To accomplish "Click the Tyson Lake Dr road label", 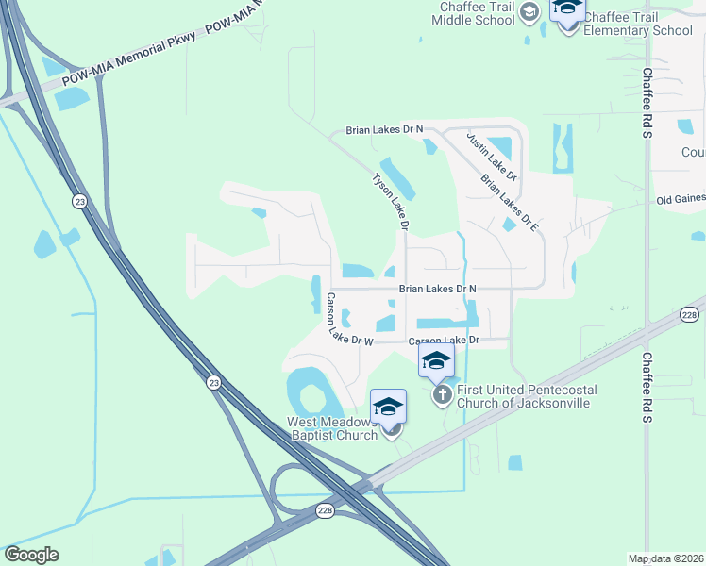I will click(390, 201).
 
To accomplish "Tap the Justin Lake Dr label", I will click(492, 156).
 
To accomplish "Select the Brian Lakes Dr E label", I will click(509, 203).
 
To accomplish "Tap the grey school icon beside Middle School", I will click(530, 11).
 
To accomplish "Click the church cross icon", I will click(442, 394).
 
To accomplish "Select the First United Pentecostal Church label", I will click(523, 396).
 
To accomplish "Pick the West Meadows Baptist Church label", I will click(333, 428).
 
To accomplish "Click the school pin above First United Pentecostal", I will click(436, 359).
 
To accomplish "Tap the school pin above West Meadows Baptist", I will click(388, 408).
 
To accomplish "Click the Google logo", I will click(31, 555).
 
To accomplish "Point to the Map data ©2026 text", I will click(666, 558).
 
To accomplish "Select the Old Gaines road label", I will click(681, 200).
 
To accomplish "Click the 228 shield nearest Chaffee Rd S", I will click(689, 315).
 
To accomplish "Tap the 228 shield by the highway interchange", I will click(324, 510).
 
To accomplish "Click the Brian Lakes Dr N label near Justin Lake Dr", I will click(384, 129).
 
